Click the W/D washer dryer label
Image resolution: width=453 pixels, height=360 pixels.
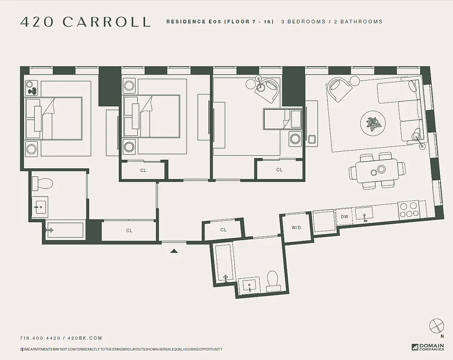point(296,228)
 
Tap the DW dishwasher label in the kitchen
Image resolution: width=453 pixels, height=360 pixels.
point(344,217)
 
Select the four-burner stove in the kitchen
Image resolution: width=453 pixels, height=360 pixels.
point(408,210)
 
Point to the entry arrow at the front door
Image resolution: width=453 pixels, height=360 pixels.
point(175,251)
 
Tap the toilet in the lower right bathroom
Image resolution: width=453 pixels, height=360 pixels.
point(272,279)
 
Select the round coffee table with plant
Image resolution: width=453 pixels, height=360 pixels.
point(373,122)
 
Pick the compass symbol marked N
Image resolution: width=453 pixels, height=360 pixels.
point(436,325)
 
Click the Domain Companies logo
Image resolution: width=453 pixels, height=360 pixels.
point(427,347)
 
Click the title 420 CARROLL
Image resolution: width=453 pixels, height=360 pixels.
point(85,22)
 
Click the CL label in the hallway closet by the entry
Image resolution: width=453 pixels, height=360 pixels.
point(129,231)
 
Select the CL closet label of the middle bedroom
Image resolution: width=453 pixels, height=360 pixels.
point(143,171)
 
